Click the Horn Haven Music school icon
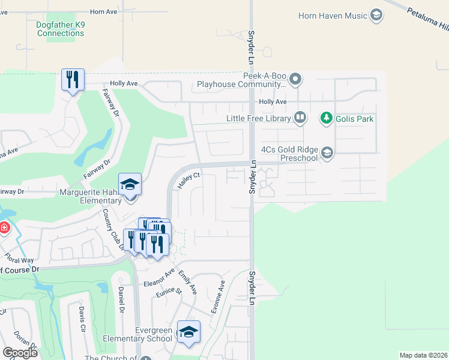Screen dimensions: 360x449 pos(376,16)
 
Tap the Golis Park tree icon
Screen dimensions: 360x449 pos(327,118)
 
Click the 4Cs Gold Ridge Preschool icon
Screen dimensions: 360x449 pos(327,153)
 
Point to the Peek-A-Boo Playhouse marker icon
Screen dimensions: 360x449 pos(295,79)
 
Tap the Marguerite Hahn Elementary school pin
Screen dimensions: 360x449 pos(130,184)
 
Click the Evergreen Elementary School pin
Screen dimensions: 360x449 pos(188,332)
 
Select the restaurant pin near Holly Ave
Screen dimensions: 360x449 pos(73,79)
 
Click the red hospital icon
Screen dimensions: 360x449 pos(3,229)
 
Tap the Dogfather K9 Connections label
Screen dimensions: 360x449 pos(61,29)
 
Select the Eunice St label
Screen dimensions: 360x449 pos(169,292)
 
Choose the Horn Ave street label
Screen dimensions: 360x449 pos(103,11)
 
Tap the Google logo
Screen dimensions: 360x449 pos(20,352)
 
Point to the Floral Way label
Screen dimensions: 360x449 pos(19,260)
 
